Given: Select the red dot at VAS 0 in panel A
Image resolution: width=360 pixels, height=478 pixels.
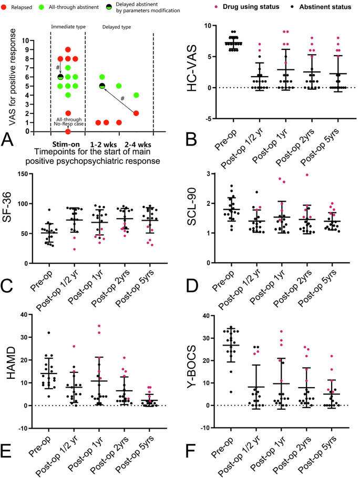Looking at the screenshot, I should click(x=68, y=131).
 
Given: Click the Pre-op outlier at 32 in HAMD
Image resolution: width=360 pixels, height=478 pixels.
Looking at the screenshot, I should click(x=34, y=332).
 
